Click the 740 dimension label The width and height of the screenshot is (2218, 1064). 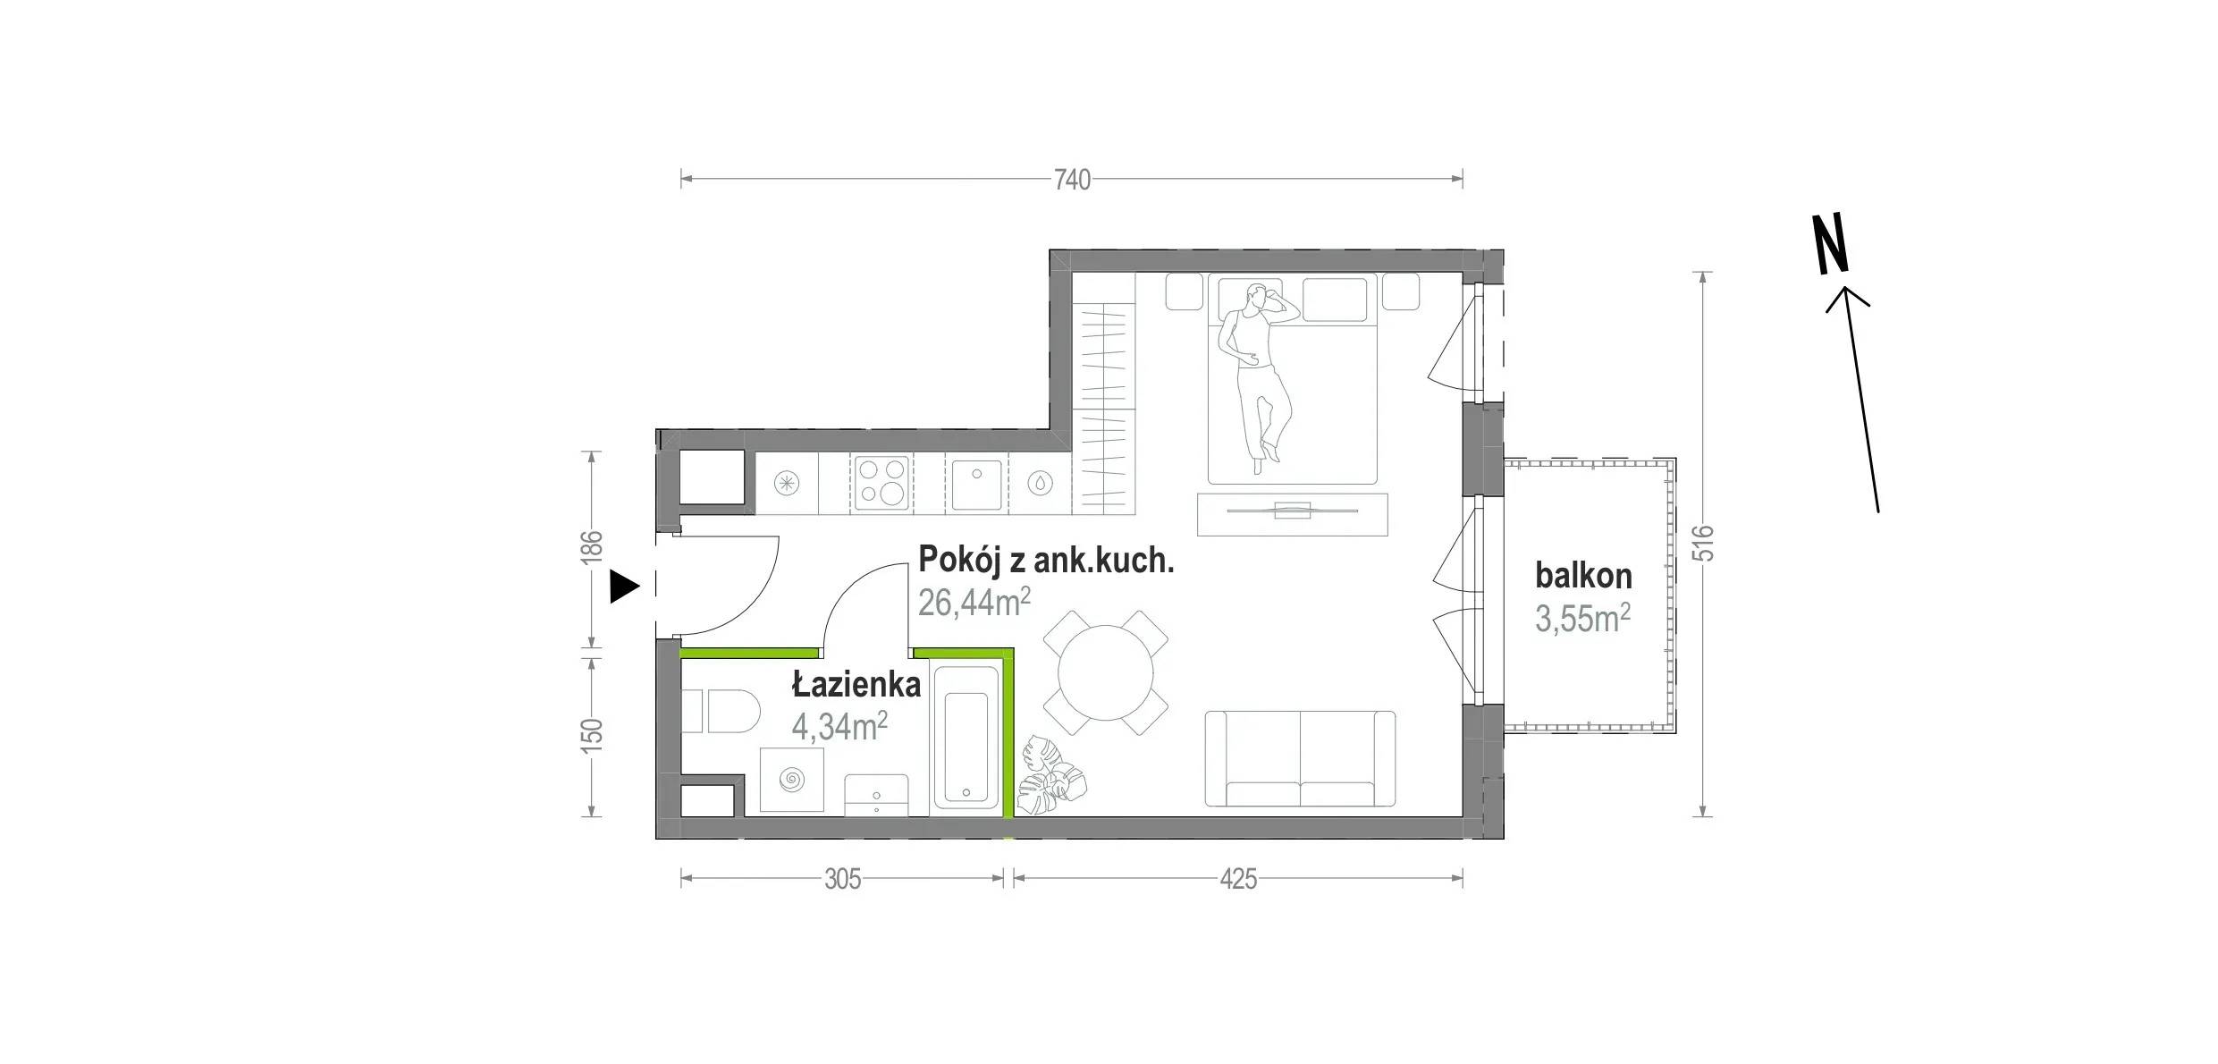[1072, 181]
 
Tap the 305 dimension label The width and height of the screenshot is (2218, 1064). [842, 880]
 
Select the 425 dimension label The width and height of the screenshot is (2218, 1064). [1238, 880]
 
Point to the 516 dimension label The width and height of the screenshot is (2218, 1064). [1703, 543]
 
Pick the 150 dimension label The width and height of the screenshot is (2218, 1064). [591, 736]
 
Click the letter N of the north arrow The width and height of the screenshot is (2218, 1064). [1830, 243]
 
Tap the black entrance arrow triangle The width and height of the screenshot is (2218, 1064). [625, 587]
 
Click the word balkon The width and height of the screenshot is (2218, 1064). [1583, 576]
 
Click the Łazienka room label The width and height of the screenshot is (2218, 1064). [856, 685]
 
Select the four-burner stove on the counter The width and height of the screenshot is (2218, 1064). [881, 484]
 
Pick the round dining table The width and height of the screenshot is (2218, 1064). [1106, 672]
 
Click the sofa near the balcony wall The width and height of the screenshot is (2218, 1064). [1300, 759]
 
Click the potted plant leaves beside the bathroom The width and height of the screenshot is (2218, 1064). [1053, 777]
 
